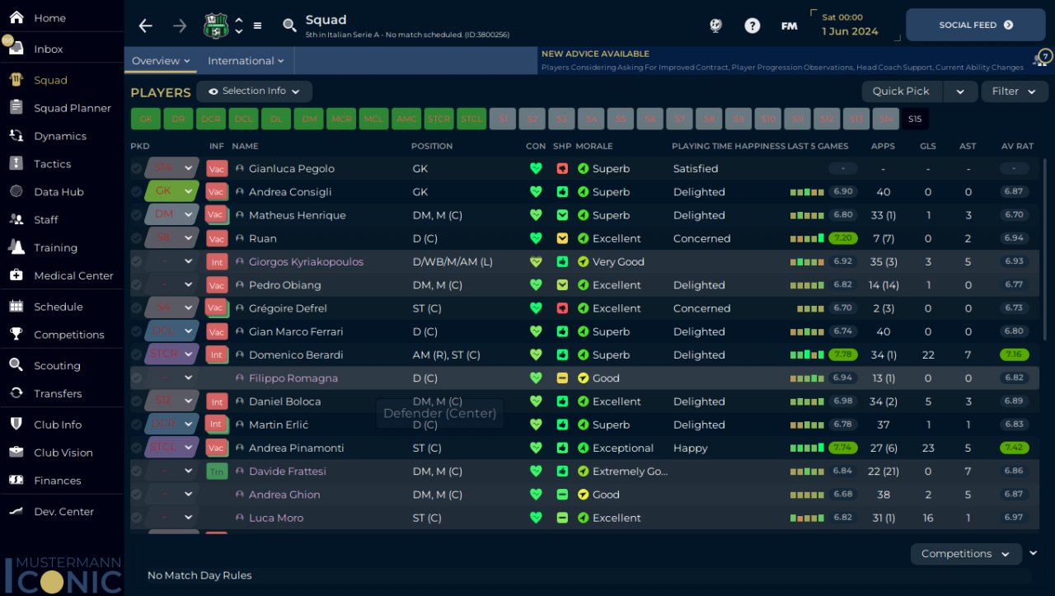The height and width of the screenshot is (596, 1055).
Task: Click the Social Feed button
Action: (975, 25)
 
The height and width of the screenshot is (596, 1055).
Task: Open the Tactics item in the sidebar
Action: (52, 164)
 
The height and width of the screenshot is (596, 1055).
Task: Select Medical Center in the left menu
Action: (73, 275)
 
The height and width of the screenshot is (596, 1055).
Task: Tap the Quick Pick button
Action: (901, 92)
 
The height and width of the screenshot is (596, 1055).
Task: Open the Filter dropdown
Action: (1014, 92)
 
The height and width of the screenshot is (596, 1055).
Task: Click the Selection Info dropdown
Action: (254, 92)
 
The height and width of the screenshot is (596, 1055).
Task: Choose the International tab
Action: (245, 61)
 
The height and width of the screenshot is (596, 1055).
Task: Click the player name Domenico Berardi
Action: (295, 355)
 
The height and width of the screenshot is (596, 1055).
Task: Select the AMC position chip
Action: (406, 119)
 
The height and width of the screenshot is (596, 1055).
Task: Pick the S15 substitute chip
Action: (915, 119)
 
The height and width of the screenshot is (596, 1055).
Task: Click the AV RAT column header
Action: (1017, 146)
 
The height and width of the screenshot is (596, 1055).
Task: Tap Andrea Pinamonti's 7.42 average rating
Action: (1014, 448)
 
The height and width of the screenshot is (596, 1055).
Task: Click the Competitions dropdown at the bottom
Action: (965, 554)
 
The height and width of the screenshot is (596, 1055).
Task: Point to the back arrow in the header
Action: (146, 26)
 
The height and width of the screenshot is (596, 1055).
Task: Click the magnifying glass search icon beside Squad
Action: (289, 26)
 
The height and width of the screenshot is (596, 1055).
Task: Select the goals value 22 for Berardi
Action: (928, 355)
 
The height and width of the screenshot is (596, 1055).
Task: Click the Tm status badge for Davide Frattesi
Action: (217, 472)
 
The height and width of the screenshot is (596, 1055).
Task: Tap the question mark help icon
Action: (752, 26)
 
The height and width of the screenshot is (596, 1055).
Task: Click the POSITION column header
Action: (431, 146)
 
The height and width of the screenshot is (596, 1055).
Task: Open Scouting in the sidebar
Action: (57, 366)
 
